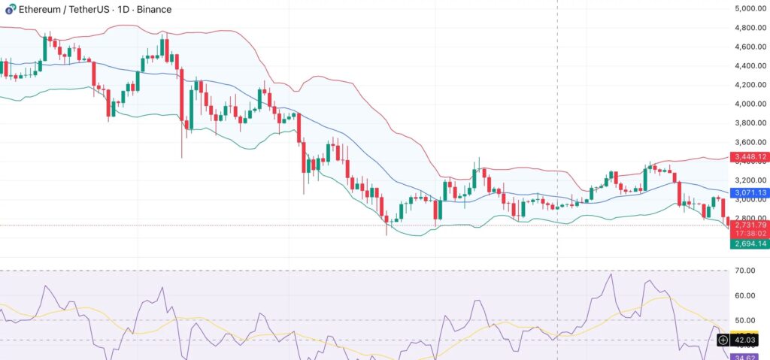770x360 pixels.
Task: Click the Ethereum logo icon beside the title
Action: coord(8,11)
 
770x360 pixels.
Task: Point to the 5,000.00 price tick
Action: coord(750,8)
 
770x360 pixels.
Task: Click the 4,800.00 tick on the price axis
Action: coord(750,28)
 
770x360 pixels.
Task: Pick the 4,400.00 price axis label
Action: coord(750,65)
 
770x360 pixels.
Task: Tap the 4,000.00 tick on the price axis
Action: coord(750,104)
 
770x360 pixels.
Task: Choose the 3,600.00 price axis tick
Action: coord(750,142)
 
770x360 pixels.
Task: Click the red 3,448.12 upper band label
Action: coord(750,157)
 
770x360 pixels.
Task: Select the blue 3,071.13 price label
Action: coord(750,193)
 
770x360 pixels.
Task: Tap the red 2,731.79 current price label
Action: coord(750,225)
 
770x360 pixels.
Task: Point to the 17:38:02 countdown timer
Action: coord(750,234)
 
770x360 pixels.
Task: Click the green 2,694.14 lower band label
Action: coord(750,244)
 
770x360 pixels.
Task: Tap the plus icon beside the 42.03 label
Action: coord(723,340)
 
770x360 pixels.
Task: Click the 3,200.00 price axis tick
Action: coord(750,180)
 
